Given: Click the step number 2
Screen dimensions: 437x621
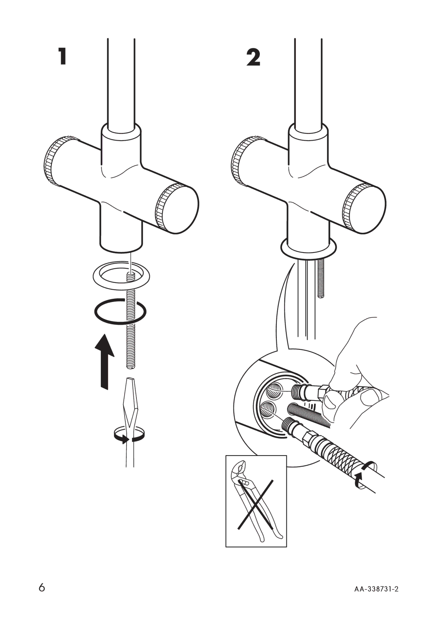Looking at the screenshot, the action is [254, 57].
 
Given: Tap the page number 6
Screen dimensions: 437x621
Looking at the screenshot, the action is [42, 587].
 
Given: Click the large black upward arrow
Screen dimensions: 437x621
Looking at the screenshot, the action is [104, 361].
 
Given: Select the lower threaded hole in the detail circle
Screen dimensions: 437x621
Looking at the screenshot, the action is [267, 409].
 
